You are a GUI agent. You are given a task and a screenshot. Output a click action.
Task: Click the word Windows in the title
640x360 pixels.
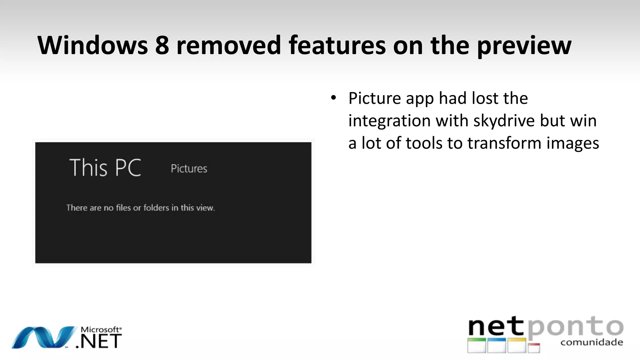(x=92, y=45)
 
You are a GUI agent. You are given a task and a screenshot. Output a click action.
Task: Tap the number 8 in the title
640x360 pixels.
(x=162, y=45)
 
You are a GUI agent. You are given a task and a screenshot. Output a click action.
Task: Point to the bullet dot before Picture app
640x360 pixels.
(x=333, y=98)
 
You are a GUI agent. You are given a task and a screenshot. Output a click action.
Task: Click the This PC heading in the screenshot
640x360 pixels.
(x=105, y=167)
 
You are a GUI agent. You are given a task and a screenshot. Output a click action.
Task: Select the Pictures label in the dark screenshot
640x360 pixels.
(x=189, y=169)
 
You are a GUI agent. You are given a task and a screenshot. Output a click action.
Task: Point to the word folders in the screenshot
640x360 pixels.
(x=156, y=208)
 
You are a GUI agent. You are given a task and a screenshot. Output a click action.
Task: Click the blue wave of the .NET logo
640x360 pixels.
(x=44, y=337)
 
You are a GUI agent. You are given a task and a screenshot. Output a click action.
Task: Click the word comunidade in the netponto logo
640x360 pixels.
(x=592, y=342)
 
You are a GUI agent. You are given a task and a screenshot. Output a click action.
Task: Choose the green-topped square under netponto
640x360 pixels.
(x=477, y=345)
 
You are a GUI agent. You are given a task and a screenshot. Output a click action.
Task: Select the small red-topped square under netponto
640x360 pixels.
(x=534, y=348)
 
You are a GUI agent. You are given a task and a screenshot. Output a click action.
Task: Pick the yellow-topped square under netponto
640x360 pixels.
(x=517, y=345)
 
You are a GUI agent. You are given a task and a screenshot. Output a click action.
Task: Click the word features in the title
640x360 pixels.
(x=337, y=45)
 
